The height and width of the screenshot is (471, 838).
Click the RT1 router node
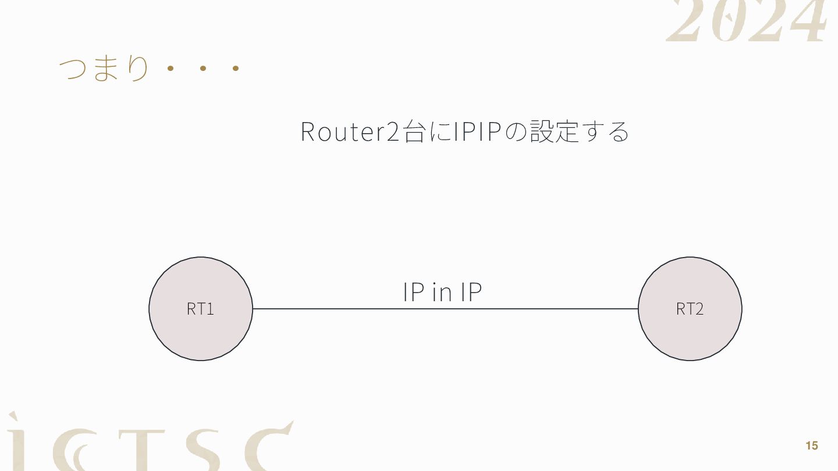click(201, 309)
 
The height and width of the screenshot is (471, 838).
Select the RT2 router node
click(690, 309)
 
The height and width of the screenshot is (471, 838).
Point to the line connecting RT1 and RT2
click(349, 309)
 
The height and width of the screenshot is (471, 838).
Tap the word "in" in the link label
click(442, 292)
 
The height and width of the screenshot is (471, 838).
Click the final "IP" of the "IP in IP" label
click(471, 292)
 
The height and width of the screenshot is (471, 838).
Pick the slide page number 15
click(811, 446)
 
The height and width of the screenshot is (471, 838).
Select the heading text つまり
click(104, 69)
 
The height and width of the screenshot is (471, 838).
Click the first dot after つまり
click(171, 69)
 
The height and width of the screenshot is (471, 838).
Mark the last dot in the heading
click(236, 69)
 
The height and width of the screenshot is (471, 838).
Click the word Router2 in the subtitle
click(350, 131)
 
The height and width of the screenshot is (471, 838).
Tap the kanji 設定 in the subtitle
click(554, 131)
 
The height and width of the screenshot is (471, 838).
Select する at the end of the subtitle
click(606, 131)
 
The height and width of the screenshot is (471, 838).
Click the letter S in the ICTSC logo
click(207, 451)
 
